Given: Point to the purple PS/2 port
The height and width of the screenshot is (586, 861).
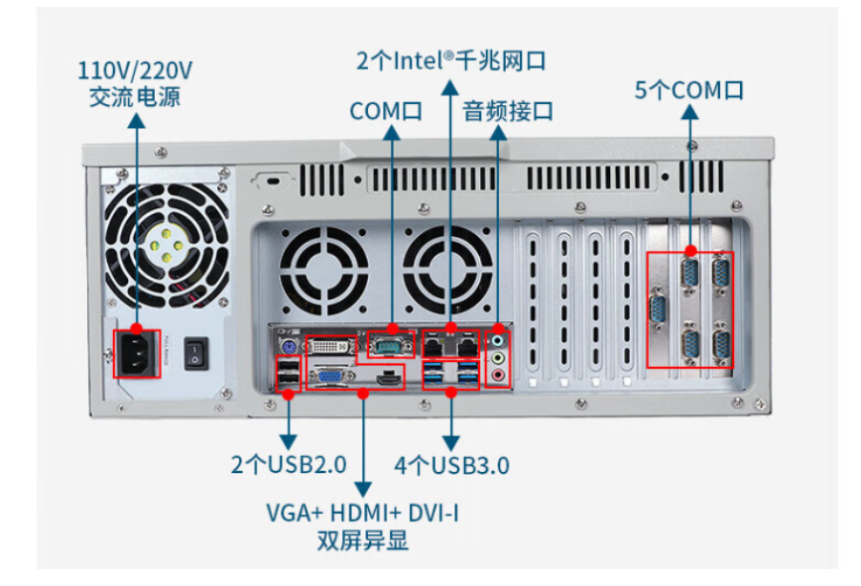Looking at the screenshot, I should pyautogui.click(x=286, y=346).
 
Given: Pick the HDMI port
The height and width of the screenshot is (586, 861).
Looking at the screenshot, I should pyautogui.click(x=389, y=377).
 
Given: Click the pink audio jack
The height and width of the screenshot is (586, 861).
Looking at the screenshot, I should pyautogui.click(x=498, y=374).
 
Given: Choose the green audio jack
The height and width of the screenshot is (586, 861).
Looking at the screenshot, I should pyautogui.click(x=498, y=357).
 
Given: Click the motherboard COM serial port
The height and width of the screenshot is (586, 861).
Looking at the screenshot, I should pyautogui.click(x=391, y=345).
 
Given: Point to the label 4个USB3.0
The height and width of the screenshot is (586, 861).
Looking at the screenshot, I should pyautogui.click(x=451, y=464).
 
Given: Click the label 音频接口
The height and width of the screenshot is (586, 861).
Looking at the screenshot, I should pyautogui.click(x=508, y=111).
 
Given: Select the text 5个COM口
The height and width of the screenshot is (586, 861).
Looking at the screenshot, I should pyautogui.click(x=689, y=90).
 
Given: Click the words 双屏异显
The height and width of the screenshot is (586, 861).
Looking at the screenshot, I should pyautogui.click(x=362, y=541).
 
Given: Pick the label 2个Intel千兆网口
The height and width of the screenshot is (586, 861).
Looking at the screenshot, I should pyautogui.click(x=451, y=60).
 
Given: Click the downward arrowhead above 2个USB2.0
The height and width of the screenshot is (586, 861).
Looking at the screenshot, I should pyautogui.click(x=289, y=440).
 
